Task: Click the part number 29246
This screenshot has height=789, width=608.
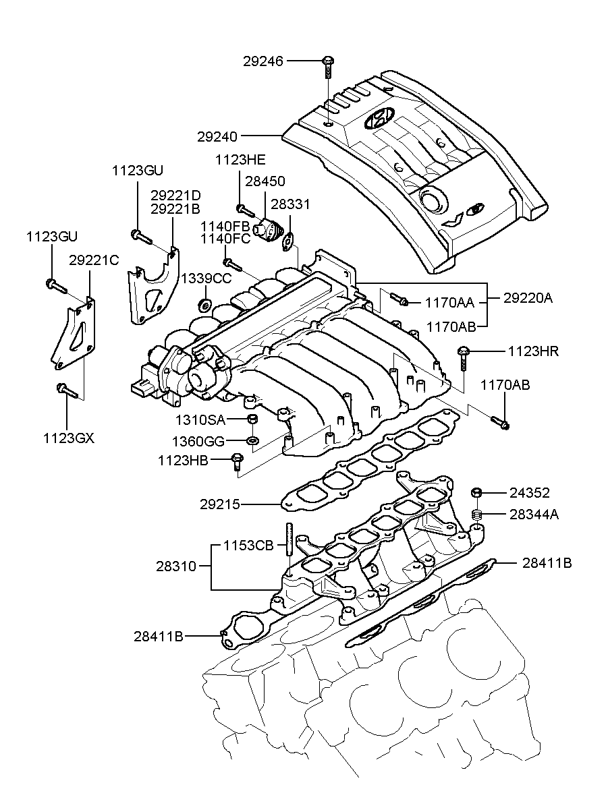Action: tap(264, 61)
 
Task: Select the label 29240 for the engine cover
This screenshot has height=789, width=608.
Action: tap(217, 136)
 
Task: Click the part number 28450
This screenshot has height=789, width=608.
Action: tap(265, 181)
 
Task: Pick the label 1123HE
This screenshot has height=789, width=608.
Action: tap(240, 160)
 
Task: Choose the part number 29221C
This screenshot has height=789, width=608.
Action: tap(94, 260)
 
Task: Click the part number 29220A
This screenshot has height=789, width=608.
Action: tap(528, 297)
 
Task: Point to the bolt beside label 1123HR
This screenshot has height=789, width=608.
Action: tap(464, 355)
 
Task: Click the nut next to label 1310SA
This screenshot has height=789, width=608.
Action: tap(252, 421)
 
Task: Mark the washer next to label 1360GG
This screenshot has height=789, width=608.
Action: tap(252, 441)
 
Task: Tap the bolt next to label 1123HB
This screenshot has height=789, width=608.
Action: tap(236, 461)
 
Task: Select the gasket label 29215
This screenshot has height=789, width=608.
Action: tap(219, 504)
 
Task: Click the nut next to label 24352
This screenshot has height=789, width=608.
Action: tap(476, 493)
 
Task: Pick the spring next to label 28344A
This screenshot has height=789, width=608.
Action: tap(476, 515)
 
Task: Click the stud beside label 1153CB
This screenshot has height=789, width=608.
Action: tap(288, 546)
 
